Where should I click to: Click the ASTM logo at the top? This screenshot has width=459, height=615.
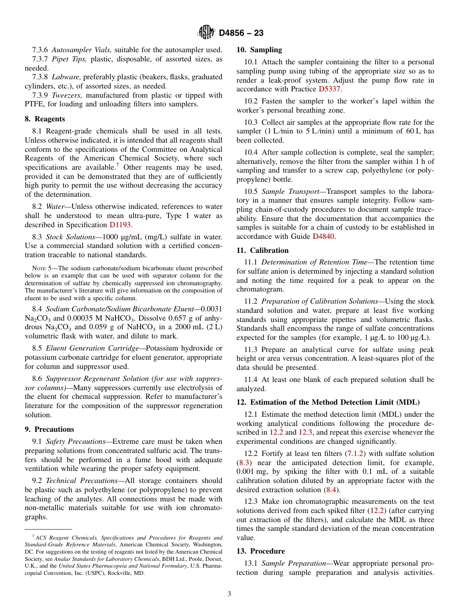206,32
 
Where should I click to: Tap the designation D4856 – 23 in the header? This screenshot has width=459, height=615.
241,33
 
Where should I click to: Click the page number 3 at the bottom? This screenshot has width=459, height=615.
229,594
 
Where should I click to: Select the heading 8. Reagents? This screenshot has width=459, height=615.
45,119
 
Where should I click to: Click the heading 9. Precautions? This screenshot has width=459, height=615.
49,429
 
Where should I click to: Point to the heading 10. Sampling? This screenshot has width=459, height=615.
259,50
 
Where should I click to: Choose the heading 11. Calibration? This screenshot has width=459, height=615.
262,250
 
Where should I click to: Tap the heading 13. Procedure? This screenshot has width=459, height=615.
260,551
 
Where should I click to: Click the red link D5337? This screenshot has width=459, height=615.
330,89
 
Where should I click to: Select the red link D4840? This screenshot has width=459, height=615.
323,236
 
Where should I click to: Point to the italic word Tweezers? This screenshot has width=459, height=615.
67,95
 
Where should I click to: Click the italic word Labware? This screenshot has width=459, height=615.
66,77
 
